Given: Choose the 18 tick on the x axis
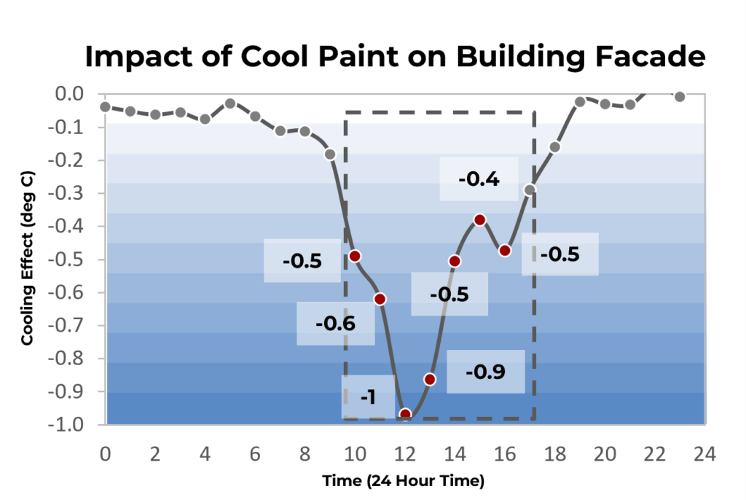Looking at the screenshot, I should pos(555,454).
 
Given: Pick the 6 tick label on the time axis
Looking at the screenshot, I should pos(255,454).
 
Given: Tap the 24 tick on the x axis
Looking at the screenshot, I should pos(704,454).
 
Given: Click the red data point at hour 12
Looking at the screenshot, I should pos(405,415).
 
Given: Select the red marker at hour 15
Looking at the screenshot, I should pos(479,219).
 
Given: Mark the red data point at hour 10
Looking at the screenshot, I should pos(355,256).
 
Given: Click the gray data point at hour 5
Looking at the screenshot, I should pos(230,103).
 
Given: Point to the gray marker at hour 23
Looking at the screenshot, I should pos(680,96).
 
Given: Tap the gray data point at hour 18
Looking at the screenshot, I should pos(554,147).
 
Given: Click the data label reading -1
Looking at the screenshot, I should pos(368,397).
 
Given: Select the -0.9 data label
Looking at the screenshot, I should pos(485,372).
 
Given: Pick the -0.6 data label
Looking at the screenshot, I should pos(335,324).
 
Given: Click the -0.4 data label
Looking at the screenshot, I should pos(479,179).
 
